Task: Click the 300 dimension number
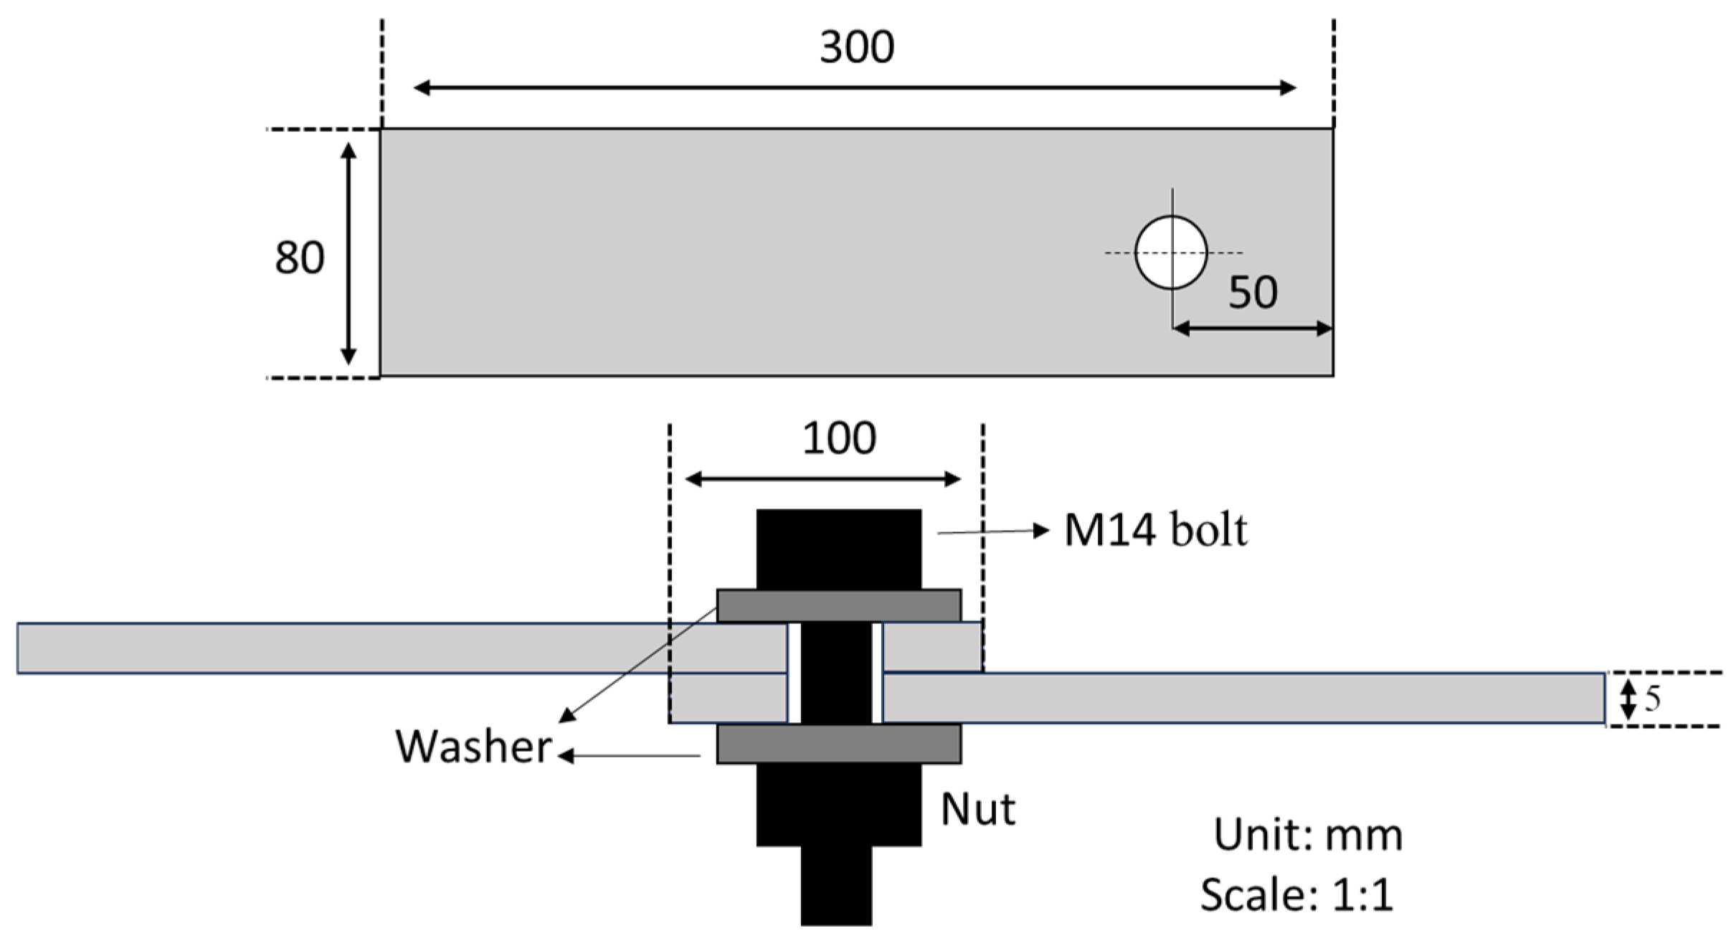(856, 47)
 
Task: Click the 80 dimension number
(299, 257)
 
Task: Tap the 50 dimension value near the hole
(1252, 292)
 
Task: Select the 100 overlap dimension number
(838, 438)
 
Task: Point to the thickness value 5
(1652, 699)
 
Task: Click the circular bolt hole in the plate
(1170, 252)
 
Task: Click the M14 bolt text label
(1154, 531)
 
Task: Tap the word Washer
(473, 747)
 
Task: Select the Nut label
(977, 810)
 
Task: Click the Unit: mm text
(1307, 835)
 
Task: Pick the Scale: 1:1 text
(1296, 895)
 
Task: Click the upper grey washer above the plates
(838, 605)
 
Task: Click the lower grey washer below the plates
(838, 744)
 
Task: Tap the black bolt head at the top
(838, 549)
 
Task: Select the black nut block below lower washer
(838, 804)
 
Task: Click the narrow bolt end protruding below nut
(836, 886)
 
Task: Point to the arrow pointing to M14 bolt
(993, 531)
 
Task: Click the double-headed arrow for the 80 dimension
(348, 253)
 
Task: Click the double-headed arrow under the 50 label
(1252, 328)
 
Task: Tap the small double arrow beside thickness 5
(1628, 699)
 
